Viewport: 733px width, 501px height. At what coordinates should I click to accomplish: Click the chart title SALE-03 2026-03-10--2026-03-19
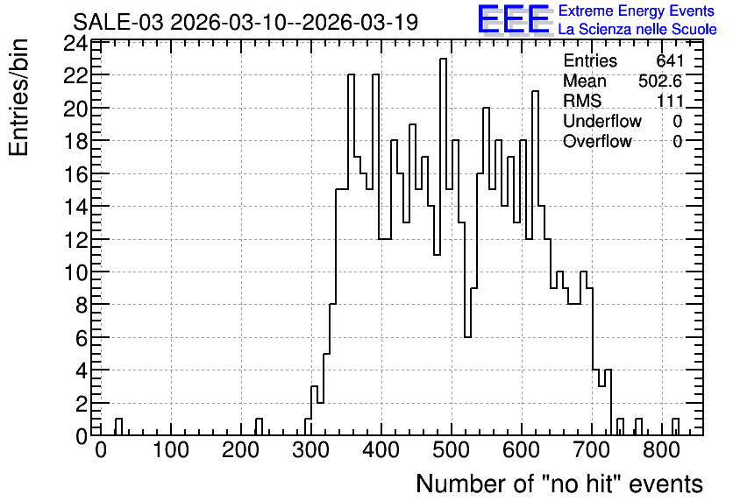246,23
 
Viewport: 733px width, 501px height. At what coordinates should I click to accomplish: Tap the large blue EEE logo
514,19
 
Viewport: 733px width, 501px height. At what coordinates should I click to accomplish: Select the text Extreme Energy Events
637,11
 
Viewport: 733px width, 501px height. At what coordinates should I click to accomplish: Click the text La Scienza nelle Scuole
637,29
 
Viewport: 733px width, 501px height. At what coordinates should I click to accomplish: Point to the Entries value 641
670,60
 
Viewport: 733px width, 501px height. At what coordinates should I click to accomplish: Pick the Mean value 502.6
660,81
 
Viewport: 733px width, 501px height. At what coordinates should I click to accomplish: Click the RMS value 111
671,101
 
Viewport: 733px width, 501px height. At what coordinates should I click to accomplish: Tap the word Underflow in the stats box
602,121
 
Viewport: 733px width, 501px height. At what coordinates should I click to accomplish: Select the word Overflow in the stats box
597,141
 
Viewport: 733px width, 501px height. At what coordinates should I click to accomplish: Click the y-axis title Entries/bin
18,98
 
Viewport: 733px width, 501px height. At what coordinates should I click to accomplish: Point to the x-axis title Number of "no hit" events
559,483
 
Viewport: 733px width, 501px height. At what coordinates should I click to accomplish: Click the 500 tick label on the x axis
452,450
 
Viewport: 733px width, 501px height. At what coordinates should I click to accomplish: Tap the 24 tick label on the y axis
75,45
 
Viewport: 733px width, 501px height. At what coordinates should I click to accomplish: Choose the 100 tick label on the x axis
171,450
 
